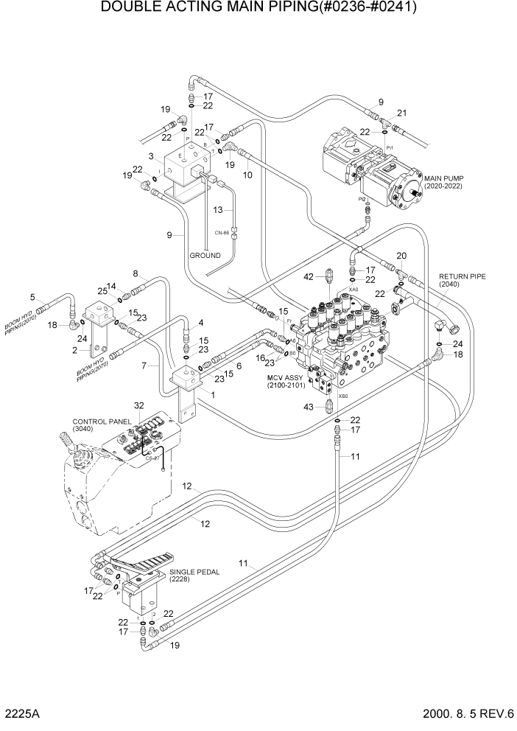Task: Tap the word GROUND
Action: [x=205, y=256]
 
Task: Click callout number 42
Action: [x=309, y=276]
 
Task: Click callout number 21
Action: [x=402, y=112]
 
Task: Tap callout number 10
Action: [x=248, y=175]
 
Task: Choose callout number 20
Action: [x=401, y=256]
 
